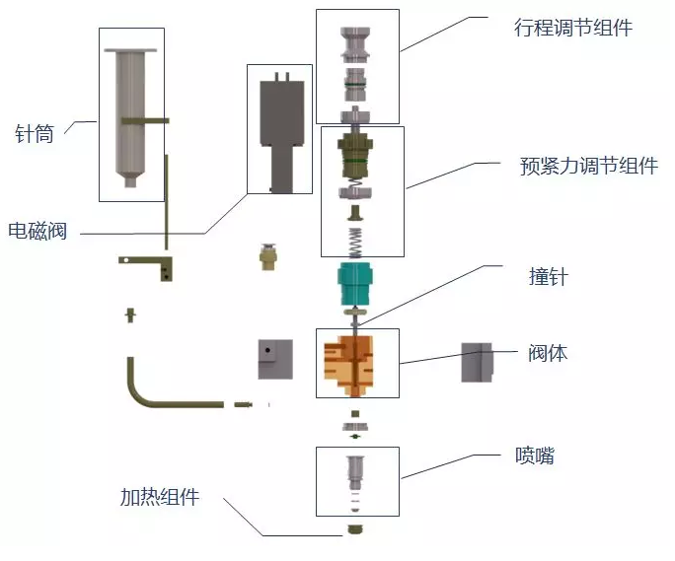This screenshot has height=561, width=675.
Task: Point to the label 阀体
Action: [x=548, y=352]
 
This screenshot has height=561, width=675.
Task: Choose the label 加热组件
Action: [x=159, y=497]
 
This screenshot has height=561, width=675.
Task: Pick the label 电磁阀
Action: [x=37, y=233]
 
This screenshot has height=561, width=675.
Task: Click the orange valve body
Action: [x=356, y=363]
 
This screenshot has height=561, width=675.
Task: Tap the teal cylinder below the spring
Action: [x=357, y=284]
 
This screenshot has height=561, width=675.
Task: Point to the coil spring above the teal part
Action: [x=356, y=242]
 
